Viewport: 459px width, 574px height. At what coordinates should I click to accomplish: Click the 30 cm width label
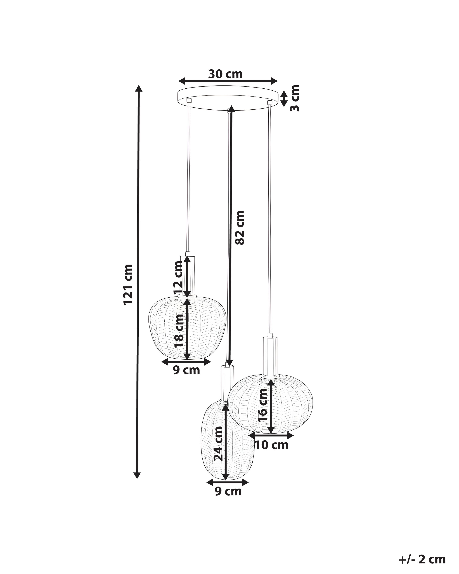tap(225, 74)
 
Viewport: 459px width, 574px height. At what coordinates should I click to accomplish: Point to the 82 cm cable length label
tap(239, 227)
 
